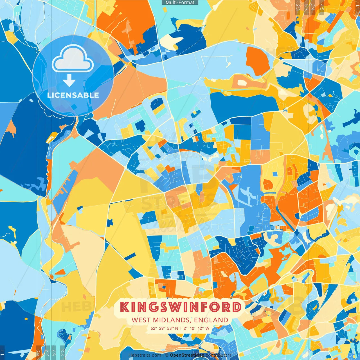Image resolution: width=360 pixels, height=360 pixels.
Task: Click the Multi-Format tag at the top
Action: (180, 3)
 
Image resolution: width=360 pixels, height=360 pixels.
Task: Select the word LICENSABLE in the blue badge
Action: (73, 95)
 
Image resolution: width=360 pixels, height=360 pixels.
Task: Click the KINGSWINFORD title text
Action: (181, 307)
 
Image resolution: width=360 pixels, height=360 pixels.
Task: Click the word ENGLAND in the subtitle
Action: (211, 320)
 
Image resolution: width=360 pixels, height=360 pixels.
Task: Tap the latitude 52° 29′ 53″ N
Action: (165, 328)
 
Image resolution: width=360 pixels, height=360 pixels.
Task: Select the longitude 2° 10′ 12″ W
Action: (196, 328)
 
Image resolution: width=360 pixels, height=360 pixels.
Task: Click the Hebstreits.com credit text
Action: (145, 355)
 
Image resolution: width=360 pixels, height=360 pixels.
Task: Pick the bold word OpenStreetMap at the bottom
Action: (187, 355)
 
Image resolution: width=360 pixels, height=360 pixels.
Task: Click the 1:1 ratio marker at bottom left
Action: (2, 352)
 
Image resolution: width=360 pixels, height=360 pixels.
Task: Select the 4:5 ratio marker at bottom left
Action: (38, 352)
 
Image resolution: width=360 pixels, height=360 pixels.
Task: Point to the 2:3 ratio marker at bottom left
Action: (62, 352)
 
